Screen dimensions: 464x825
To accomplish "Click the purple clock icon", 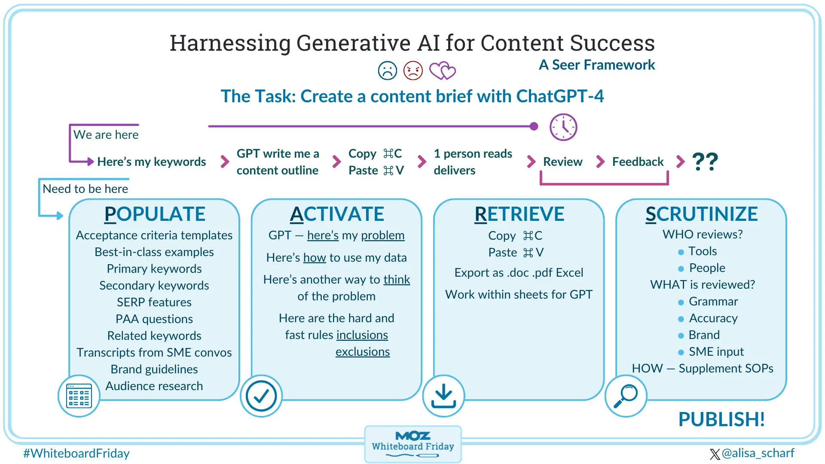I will point(563,127).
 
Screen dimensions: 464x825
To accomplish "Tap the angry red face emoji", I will point(413,70).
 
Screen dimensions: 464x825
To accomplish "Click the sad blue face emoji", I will point(387,70).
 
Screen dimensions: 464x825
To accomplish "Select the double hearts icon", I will point(442,71).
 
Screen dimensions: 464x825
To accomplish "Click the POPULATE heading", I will point(155,214).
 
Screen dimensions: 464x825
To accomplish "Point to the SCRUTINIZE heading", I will point(701,214).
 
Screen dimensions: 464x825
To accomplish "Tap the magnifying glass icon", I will point(626,396).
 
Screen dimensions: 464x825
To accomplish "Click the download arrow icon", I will point(443,396).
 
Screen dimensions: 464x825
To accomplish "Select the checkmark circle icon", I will point(261,396).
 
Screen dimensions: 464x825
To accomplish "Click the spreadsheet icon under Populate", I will point(79,396).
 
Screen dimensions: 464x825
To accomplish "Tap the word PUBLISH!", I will point(721,419).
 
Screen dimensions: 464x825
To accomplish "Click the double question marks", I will point(705,162).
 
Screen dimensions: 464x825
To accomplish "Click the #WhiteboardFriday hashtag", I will point(76,453).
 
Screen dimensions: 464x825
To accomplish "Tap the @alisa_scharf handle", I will point(758,453).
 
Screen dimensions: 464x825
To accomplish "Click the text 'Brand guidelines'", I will point(154,369).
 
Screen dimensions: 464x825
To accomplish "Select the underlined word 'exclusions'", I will point(362,351).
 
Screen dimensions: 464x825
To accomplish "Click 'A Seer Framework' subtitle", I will point(597,65).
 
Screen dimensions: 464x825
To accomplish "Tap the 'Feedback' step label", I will point(638,162).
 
